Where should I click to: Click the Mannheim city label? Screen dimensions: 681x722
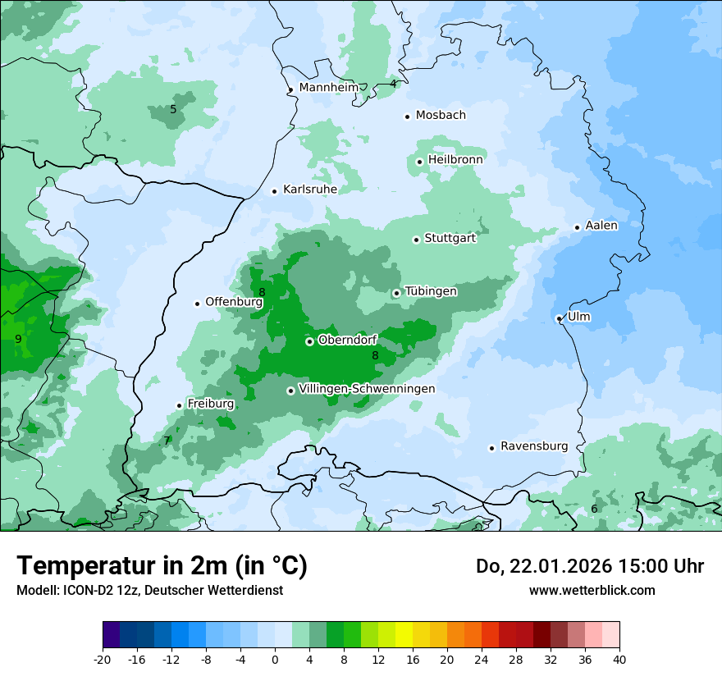tap(328, 88)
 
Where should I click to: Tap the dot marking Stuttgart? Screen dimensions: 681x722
tap(416, 240)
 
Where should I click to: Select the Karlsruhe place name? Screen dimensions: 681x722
tap(309, 190)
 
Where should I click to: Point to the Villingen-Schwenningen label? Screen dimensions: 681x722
tap(367, 389)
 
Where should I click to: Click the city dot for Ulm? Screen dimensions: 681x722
tap(559, 318)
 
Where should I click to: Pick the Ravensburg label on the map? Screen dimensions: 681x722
tap(533, 446)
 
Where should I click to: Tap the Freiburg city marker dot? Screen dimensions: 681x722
tap(179, 405)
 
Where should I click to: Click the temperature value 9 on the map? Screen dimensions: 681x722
tap(18, 339)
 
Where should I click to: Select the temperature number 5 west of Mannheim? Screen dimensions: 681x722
tap(173, 109)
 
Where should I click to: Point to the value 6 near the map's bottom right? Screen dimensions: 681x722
tap(594, 510)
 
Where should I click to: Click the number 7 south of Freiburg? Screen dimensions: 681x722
tap(167, 441)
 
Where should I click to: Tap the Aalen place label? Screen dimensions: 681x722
tap(601, 226)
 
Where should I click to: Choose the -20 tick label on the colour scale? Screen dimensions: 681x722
tap(103, 660)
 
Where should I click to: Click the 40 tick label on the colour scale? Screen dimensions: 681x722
tap(619, 660)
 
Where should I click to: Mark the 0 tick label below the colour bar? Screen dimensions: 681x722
tap(275, 660)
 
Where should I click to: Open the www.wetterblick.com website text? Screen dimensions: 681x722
tap(592, 590)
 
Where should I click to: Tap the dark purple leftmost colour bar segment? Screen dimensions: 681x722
tap(111, 635)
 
